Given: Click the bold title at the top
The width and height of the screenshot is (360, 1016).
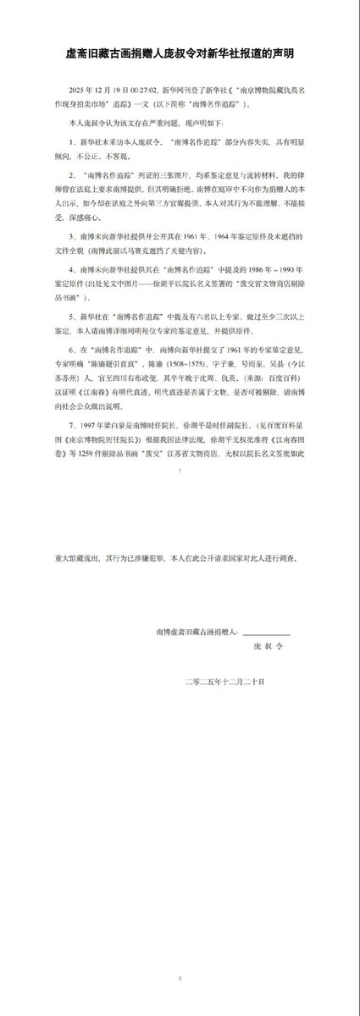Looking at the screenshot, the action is (180, 52).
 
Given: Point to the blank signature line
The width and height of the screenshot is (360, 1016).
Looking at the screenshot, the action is (266, 632).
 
